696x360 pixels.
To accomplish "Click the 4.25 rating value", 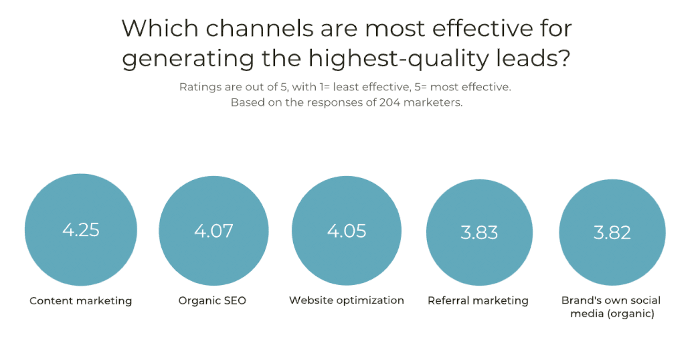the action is click(81, 230).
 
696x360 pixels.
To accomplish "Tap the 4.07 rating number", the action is click(214, 231).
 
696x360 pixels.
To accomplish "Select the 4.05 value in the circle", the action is click(347, 231).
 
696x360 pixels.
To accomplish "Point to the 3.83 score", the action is click(479, 232).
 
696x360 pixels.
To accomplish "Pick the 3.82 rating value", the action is click(612, 232).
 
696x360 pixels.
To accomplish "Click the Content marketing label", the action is click(81, 301).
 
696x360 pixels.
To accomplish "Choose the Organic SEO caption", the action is click(212, 301).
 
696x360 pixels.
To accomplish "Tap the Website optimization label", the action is click(346, 300).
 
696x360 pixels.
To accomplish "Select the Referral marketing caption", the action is click(478, 301).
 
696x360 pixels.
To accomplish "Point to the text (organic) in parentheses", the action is click(631, 314).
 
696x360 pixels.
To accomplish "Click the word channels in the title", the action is click(259, 28).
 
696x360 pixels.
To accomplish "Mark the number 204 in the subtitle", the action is click(390, 102).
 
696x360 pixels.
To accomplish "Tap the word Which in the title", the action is click(160, 28).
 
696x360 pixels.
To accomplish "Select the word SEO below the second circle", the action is click(234, 301).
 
